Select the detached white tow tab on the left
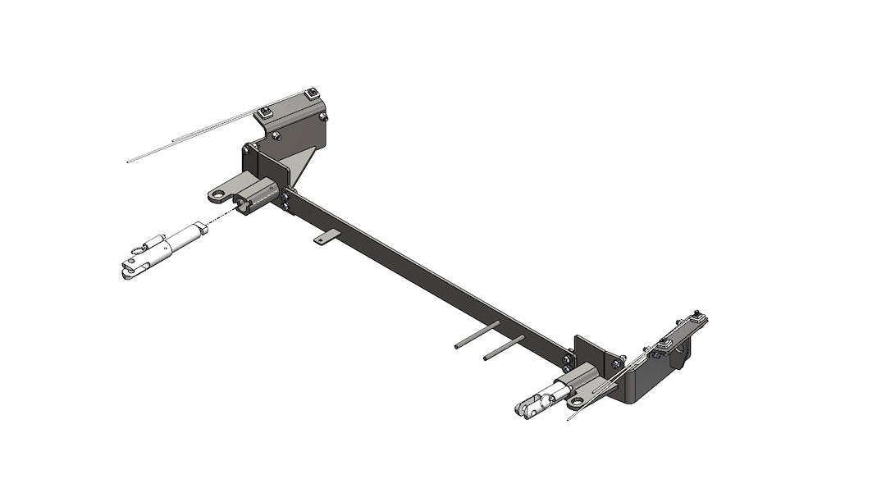tap(165, 249)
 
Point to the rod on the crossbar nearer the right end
tap(503, 347)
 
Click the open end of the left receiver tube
tap(245, 202)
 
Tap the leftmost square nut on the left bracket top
tap(264, 112)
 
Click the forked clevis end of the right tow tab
tap(524, 408)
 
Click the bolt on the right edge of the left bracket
tap(327, 117)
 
